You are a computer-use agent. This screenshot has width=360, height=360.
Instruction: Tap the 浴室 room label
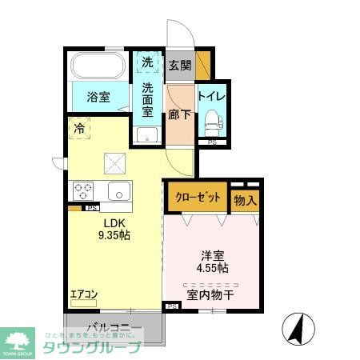pos(98,98)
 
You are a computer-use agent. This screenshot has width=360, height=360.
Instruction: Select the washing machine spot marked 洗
pos(147,62)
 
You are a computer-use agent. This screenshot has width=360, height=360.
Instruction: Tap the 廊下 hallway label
pos(178,114)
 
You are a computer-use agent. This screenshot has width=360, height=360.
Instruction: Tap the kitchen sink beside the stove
pos(118,192)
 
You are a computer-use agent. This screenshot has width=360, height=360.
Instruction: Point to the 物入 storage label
pos(245,200)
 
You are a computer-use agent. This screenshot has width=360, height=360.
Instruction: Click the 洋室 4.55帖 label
pos(212,263)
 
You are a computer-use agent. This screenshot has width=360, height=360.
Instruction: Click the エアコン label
pos(83,294)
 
